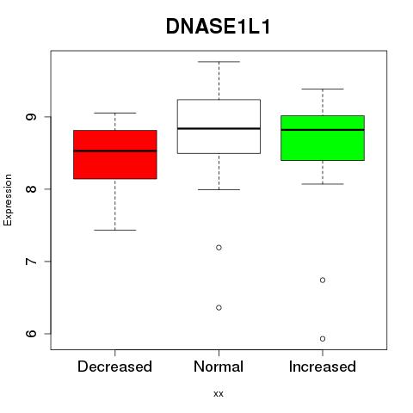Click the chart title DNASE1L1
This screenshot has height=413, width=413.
[x=218, y=27]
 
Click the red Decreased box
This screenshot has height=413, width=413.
[x=115, y=155]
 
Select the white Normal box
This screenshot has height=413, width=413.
[x=219, y=126]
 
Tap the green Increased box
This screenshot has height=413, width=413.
[x=323, y=138]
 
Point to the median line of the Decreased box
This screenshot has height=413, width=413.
[x=115, y=151]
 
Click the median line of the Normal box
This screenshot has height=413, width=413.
[x=219, y=128]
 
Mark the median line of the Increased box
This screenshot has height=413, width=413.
[x=323, y=130]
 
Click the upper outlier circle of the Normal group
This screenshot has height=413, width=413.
[x=219, y=248]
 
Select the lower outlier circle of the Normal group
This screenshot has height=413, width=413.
[x=219, y=308]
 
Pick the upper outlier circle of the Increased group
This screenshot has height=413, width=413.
[x=323, y=280]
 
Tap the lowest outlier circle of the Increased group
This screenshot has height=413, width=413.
[x=323, y=339]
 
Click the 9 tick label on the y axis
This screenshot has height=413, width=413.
[x=31, y=117]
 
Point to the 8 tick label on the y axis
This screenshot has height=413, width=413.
[x=31, y=189]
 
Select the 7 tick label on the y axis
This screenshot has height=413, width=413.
[x=31, y=262]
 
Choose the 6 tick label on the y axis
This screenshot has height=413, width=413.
[x=31, y=334]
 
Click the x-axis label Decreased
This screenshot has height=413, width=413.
[x=114, y=367]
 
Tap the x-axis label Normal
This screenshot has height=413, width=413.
[x=219, y=367]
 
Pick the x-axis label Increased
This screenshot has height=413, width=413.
[x=323, y=367]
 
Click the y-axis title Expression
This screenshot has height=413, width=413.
[x=8, y=200]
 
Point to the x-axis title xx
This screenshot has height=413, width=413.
[x=219, y=394]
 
